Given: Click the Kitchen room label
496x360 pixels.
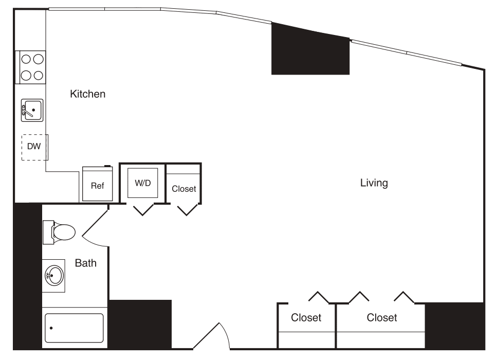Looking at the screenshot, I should point(88,94).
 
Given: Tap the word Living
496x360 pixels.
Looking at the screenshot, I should point(374,183).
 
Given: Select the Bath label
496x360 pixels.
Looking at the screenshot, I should point(85,263).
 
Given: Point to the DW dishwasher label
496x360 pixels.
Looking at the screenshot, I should point(33,147).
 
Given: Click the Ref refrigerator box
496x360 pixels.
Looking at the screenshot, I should point(97,185).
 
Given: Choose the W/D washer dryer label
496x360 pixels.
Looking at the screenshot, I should point(142,183).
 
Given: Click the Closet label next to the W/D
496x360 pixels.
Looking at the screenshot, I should point(184,189).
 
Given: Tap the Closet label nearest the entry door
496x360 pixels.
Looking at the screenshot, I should point(306,318).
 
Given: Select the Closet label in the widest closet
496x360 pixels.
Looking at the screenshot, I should point(381,318).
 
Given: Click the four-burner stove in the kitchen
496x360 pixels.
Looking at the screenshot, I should point(31,67).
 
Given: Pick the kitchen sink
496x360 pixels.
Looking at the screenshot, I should point(32,110).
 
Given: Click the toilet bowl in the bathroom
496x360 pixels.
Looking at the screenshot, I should point(64,232).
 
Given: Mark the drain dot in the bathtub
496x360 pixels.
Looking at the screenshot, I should point(52,328).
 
